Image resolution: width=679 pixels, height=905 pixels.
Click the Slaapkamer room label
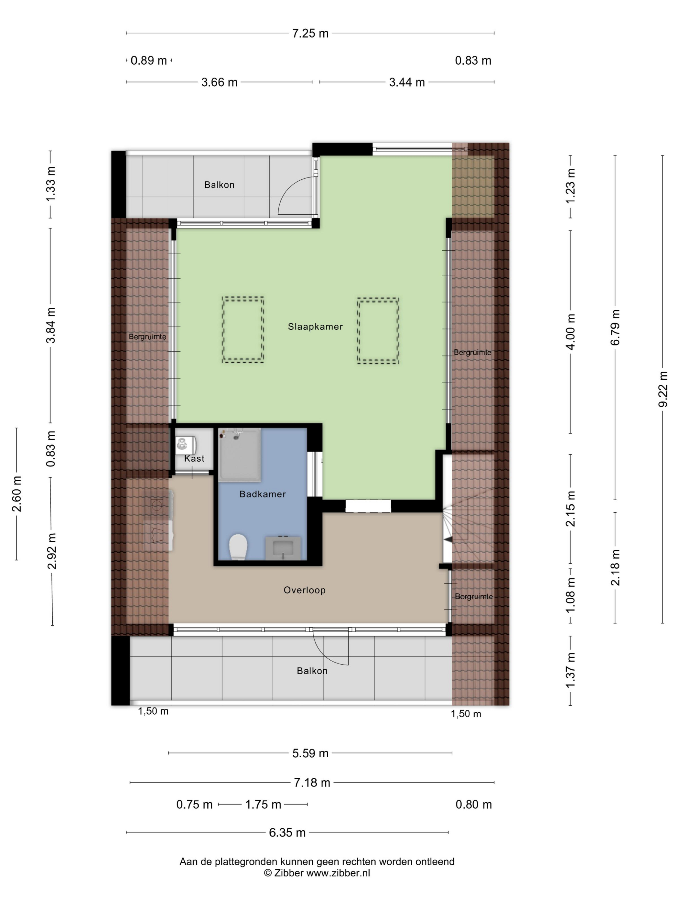coord(315,326)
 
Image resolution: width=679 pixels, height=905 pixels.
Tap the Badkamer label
coord(262,494)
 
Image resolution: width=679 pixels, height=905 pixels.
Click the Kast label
coord(194,458)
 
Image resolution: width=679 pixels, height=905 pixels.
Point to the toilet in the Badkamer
coord(238,547)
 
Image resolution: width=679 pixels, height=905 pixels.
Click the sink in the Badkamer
coord(283,548)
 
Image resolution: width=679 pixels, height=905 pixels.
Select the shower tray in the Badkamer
coord(240,454)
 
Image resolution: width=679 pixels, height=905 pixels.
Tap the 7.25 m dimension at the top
coord(310,33)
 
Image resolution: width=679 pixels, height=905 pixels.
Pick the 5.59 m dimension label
coord(310,753)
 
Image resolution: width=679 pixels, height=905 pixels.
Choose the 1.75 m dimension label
coord(263,804)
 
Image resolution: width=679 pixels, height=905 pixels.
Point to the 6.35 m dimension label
coord(287,833)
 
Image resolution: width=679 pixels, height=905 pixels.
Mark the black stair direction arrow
coord(448,540)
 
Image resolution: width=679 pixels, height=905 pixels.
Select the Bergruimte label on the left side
coord(147,337)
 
